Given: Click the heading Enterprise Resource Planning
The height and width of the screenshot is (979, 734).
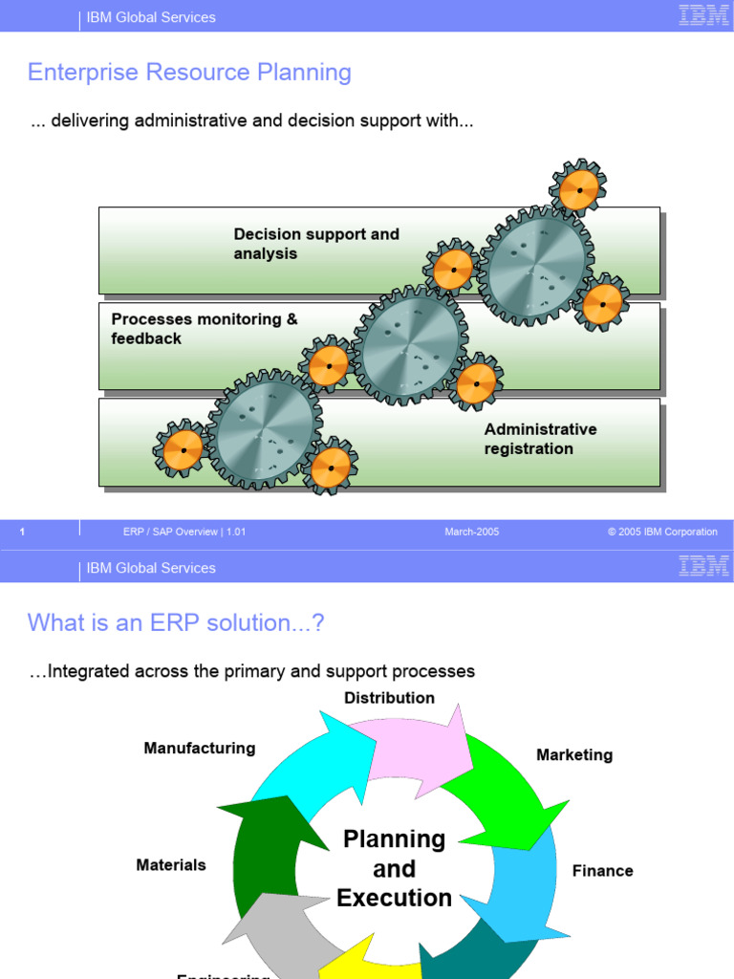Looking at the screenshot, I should [189, 73].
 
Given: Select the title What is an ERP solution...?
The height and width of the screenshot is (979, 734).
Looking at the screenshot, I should [176, 623].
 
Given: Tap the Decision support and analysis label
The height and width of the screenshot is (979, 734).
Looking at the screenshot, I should [316, 244].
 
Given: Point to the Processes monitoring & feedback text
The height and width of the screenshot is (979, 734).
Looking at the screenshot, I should [205, 329].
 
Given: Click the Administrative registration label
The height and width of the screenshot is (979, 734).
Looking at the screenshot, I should [540, 439].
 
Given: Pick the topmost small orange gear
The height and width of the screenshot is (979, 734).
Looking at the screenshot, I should [578, 188].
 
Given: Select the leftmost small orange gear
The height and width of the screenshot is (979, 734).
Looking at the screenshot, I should [182, 447].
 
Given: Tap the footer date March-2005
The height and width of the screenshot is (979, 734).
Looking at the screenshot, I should [472, 532].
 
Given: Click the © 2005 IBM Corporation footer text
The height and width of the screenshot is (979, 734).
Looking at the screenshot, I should [662, 532].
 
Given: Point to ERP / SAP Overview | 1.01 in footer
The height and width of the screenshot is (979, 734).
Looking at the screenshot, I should [184, 532].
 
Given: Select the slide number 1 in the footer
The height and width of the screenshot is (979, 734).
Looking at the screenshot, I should [22, 533].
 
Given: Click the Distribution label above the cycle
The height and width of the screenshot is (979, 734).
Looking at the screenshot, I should [389, 698].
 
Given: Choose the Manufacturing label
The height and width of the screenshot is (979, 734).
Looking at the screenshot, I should [200, 748].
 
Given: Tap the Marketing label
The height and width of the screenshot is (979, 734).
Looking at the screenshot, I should [574, 754].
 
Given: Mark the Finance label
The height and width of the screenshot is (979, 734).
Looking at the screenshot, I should [602, 870].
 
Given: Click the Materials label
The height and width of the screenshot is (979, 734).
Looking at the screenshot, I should [171, 864].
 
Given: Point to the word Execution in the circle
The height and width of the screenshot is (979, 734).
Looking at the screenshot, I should [394, 898].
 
